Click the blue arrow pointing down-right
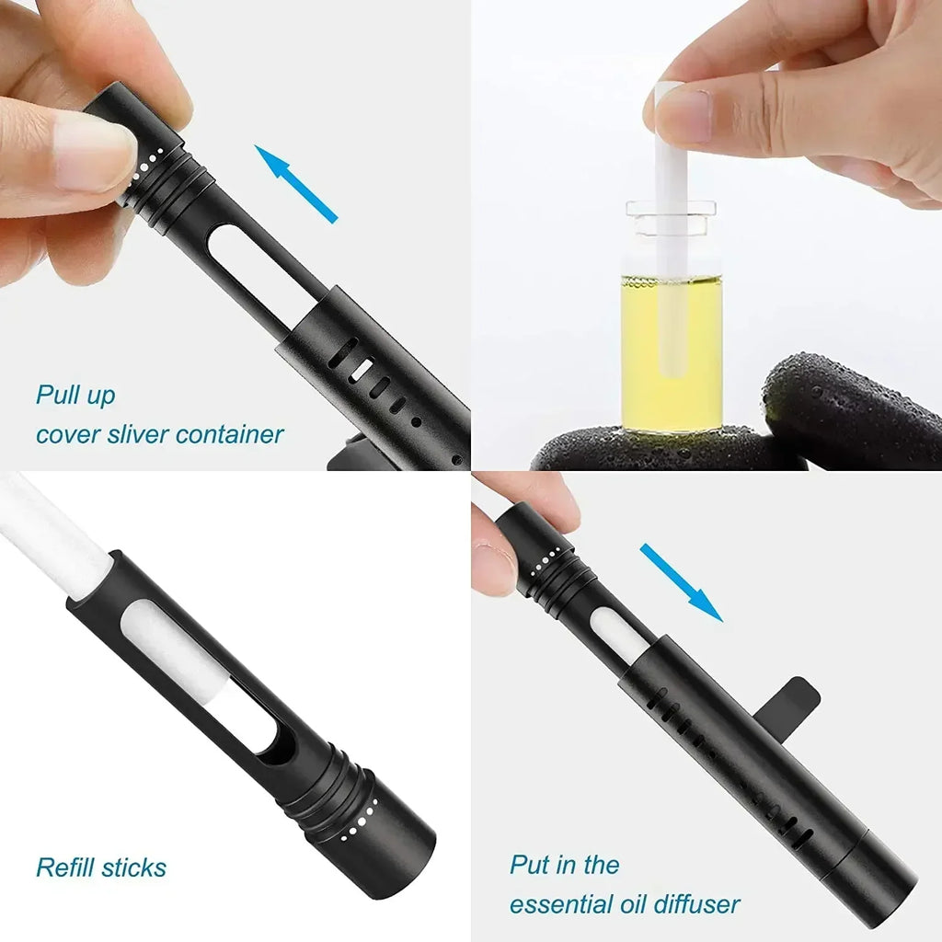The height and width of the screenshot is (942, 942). (682, 581)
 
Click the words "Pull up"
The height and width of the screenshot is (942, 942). (75, 396)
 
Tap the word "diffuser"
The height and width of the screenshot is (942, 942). (695, 903)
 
